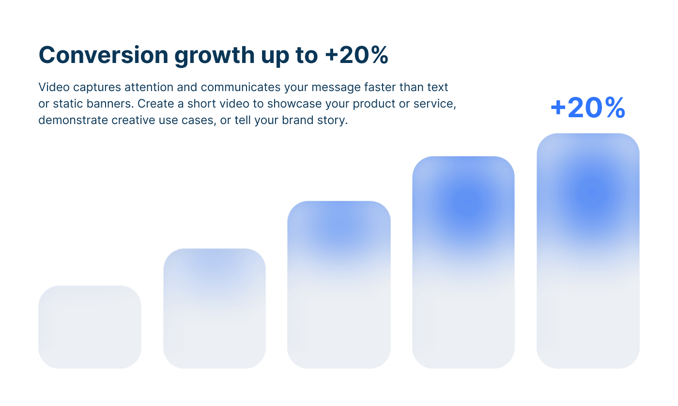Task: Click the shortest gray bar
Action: pyautogui.click(x=90, y=327)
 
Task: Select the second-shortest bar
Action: pyautogui.click(x=215, y=309)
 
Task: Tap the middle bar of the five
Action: pyautogui.click(x=339, y=284)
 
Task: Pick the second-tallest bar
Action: pyautogui.click(x=463, y=262)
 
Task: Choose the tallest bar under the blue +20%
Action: pyautogui.click(x=588, y=250)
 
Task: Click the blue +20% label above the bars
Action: pyautogui.click(x=588, y=108)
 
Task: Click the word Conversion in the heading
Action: pyautogui.click(x=104, y=55)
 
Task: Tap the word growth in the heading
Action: pyautogui.click(x=214, y=56)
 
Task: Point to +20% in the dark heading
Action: pyautogui.click(x=356, y=55)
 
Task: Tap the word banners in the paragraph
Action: pyautogui.click(x=110, y=104)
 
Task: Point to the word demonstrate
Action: pyautogui.click(x=73, y=120)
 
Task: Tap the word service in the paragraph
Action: pyautogui.click(x=435, y=104)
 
